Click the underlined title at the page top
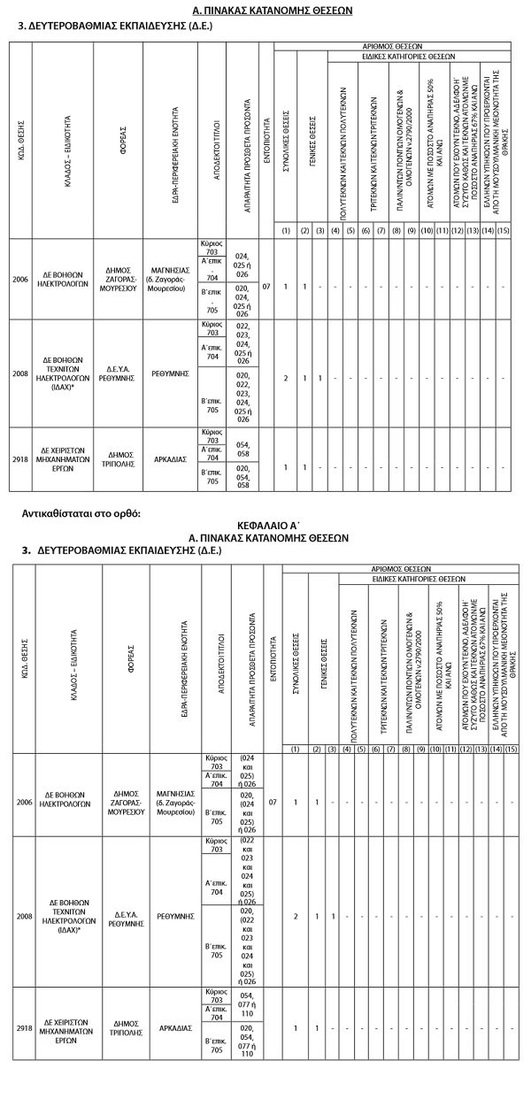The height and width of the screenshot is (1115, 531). pyautogui.click(x=265, y=11)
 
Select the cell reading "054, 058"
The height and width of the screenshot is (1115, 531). pyautogui.click(x=242, y=445)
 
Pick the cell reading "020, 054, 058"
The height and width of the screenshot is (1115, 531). pyautogui.click(x=242, y=476)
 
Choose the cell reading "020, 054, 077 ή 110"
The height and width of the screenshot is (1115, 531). pyautogui.click(x=247, y=1042)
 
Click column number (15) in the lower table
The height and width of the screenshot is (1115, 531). pyautogui.click(x=510, y=750)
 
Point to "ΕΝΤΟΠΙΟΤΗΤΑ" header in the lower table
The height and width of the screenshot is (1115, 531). pyautogui.click(x=273, y=659)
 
